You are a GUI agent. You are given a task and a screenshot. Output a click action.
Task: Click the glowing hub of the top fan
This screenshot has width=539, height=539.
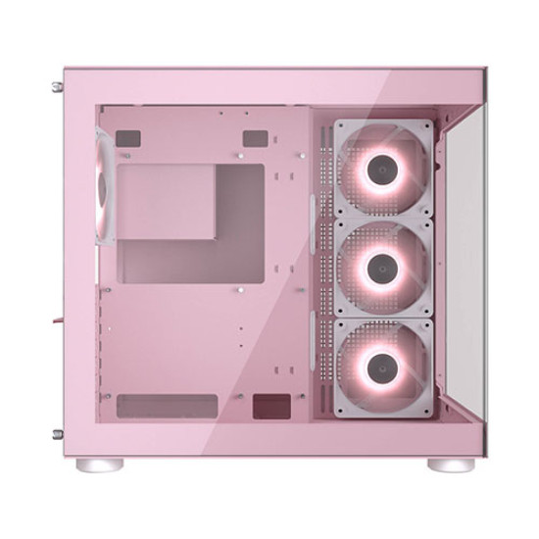[x=382, y=169]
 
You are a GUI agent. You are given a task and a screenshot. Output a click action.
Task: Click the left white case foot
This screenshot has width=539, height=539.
[x=99, y=464]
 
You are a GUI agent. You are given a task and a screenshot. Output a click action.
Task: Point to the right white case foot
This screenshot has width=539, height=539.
[x=451, y=464]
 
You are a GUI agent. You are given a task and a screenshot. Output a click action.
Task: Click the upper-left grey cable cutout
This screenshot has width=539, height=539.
[x=127, y=139]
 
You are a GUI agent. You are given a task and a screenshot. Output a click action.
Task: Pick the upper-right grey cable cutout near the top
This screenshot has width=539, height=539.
[x=255, y=139]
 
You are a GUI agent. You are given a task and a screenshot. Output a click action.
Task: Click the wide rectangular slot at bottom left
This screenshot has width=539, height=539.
[x=166, y=406]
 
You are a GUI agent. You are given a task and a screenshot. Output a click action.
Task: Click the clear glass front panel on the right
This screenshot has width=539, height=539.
[x=459, y=265]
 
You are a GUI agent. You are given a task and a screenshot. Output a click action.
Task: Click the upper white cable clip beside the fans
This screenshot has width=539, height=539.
[x=314, y=211]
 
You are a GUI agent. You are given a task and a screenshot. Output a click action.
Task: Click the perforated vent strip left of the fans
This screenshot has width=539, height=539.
[x=321, y=265]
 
